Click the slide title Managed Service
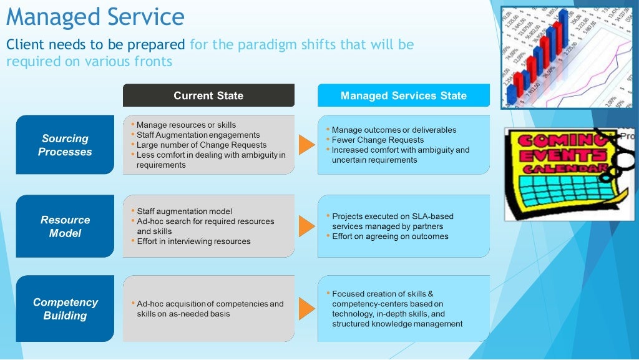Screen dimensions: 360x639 click(x=95, y=17)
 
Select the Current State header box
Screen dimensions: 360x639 click(x=208, y=95)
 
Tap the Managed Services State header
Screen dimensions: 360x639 click(x=403, y=95)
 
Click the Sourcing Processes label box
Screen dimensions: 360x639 click(x=65, y=145)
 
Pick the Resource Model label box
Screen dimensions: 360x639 click(x=65, y=226)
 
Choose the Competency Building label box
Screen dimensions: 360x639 click(x=65, y=308)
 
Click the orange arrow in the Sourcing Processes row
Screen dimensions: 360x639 click(x=306, y=145)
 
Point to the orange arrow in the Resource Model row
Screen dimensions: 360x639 click(x=306, y=226)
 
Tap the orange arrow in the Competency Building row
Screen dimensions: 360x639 click(x=306, y=308)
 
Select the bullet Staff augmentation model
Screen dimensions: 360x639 click(x=184, y=212)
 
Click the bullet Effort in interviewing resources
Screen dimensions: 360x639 click(x=193, y=241)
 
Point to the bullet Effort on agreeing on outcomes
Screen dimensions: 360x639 click(x=390, y=236)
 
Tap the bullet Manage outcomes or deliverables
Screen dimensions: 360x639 click(x=394, y=130)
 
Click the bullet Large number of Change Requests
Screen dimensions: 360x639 click(x=202, y=145)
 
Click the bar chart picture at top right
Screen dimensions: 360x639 click(x=569, y=57)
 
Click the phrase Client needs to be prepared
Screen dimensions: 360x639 click(x=95, y=45)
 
